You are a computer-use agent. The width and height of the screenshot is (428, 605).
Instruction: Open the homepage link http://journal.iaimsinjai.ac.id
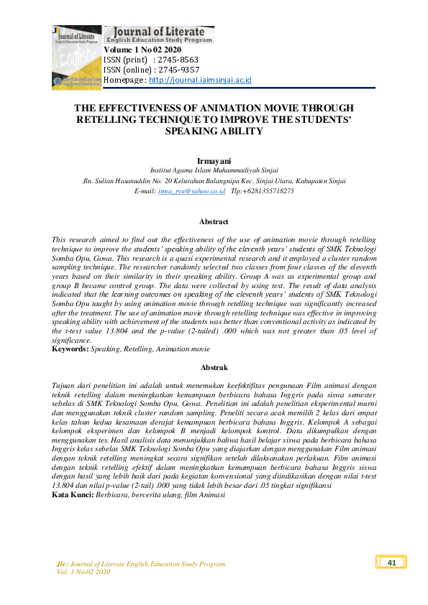point(200,80)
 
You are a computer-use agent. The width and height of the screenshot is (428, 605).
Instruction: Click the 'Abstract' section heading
point(214,222)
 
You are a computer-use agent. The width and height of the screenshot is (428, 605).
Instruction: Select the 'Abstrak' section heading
point(214,367)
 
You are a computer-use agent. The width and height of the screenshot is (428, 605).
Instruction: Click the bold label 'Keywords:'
point(70,349)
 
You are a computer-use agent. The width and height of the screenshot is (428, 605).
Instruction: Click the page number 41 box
point(391,562)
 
